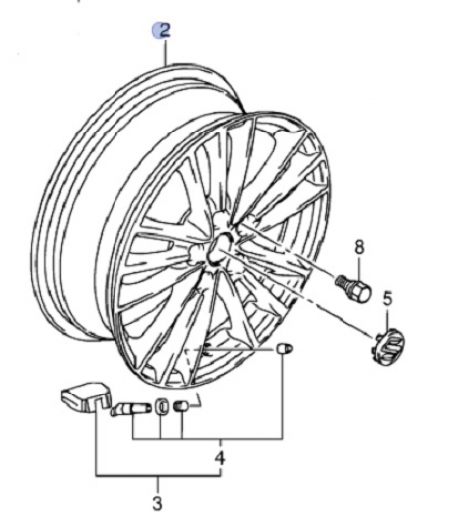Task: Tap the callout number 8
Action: tap(359, 248)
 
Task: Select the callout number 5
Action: tap(387, 299)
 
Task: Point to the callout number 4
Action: tap(219, 458)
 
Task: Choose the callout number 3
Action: tap(157, 503)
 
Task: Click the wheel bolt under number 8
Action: tap(353, 287)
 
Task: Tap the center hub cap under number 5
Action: tap(389, 348)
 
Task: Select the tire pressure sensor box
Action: tap(86, 399)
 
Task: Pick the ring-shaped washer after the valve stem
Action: tap(161, 407)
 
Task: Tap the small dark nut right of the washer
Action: tap(181, 407)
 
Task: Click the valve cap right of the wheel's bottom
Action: tap(284, 349)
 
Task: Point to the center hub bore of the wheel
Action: tap(218, 248)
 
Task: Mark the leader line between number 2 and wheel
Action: tap(165, 52)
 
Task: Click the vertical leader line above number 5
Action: tap(387, 321)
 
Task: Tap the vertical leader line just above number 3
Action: tap(158, 485)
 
